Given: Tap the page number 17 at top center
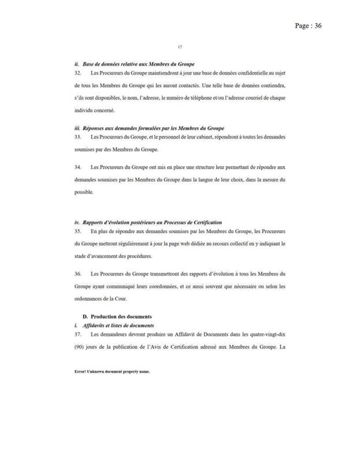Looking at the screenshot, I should point(181,48).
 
